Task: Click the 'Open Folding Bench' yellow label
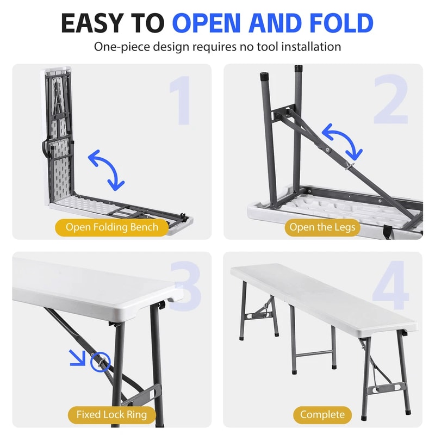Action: point(111,227)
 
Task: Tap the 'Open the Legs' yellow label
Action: point(322,227)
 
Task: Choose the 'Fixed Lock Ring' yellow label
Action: point(111,415)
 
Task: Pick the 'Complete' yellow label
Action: point(322,415)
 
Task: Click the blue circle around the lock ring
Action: point(101,361)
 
